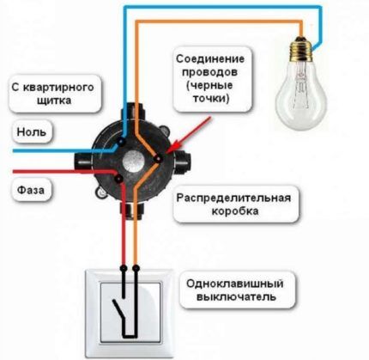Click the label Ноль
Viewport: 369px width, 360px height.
[30, 132]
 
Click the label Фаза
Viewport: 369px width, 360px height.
[30, 186]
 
